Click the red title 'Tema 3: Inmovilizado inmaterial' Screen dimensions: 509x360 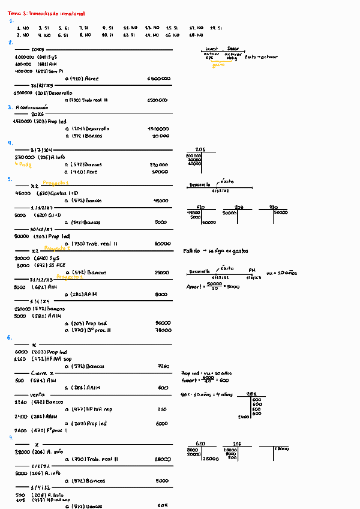click(x=43, y=13)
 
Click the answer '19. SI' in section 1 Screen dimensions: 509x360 click(x=216, y=28)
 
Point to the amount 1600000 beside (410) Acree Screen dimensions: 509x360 click(x=158, y=79)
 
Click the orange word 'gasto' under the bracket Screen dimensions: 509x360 click(x=218, y=64)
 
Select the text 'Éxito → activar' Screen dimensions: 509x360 click(x=262, y=56)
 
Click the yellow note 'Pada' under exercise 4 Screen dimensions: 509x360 click(x=24, y=164)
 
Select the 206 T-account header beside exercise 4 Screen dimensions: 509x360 click(x=200, y=149)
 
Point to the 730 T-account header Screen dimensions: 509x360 click(x=273, y=207)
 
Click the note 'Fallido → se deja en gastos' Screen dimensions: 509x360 click(x=215, y=251)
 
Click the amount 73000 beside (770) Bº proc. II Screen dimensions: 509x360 click(x=163, y=330)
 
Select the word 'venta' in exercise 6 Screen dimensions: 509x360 click(x=21, y=394)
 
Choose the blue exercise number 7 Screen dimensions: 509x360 click(x=10, y=438)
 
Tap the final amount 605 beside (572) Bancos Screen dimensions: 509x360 click(x=163, y=506)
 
